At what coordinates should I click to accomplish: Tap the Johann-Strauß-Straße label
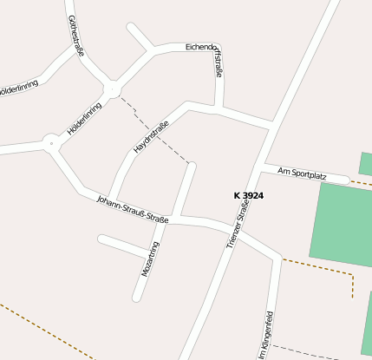tap(132, 207)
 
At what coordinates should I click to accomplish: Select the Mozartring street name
tap(150, 259)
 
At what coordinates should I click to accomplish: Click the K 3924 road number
tap(249, 196)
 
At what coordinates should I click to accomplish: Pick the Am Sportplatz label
tap(302, 174)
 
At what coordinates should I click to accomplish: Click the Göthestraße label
tap(75, 36)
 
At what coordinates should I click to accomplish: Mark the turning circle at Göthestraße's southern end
tap(111, 89)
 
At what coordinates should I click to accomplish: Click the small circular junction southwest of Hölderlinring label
tap(52, 142)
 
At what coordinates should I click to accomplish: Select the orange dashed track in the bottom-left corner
tap(43, 330)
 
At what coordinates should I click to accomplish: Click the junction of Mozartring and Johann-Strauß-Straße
tap(174, 217)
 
